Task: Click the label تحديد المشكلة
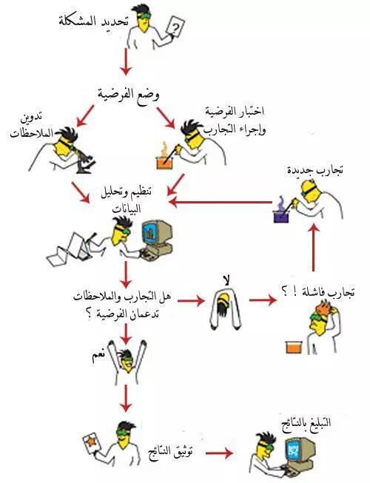click(92, 22)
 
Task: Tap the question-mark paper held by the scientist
click(175, 27)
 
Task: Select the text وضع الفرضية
click(129, 93)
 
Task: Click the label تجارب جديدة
click(314, 169)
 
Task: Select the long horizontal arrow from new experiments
click(221, 203)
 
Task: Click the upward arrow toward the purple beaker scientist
click(314, 247)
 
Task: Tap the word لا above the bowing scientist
click(226, 280)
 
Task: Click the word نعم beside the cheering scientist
click(98, 356)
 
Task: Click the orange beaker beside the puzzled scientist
click(293, 347)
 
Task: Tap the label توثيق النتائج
click(170, 453)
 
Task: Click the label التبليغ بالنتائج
click(306, 422)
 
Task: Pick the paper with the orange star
click(92, 442)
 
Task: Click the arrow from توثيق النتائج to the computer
click(219, 453)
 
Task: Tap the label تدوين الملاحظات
click(31, 126)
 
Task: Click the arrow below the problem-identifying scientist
click(126, 61)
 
